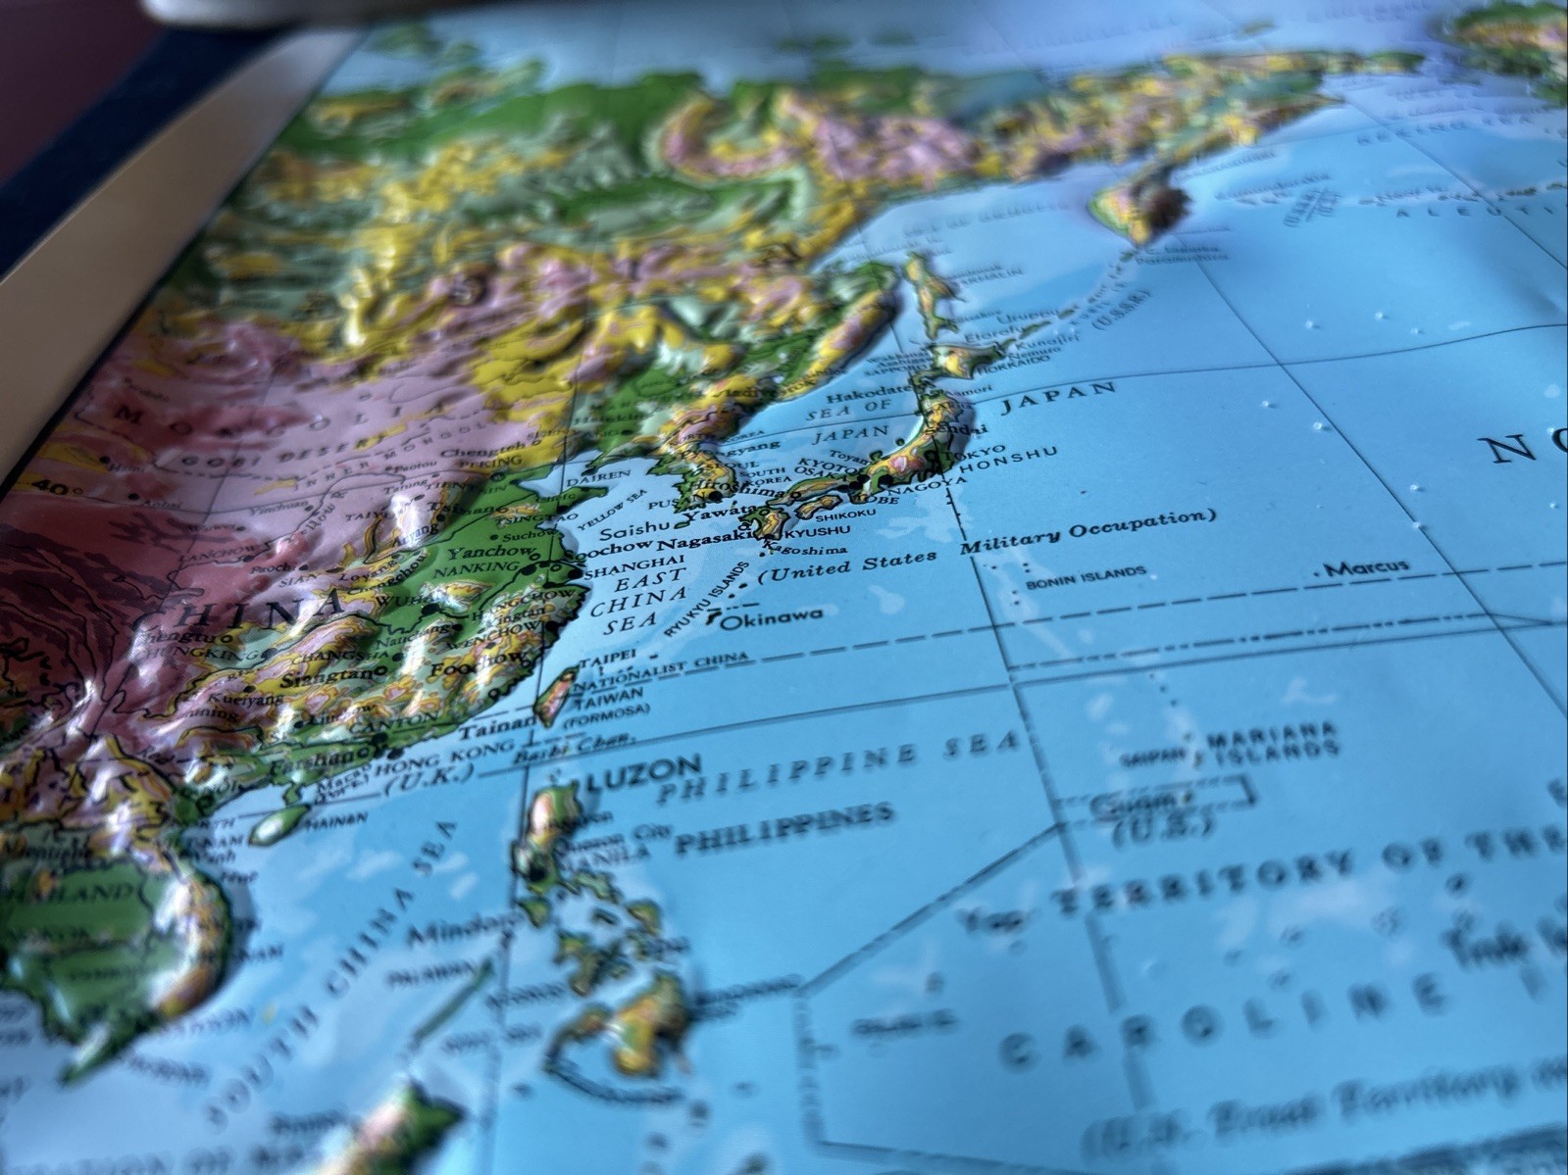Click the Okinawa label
tap(773, 616)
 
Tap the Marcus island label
tap(1366, 567)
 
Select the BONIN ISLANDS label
tap(1085, 578)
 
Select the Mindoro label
tap(460, 928)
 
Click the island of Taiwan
tap(556, 691)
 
